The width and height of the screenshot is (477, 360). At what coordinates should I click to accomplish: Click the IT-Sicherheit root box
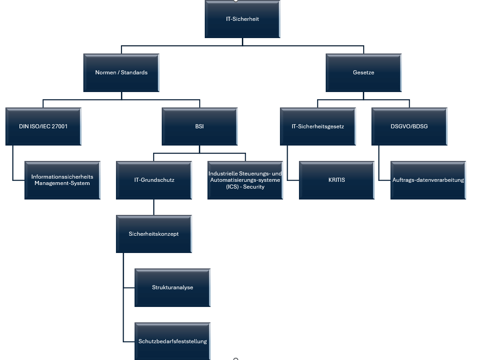[x=242, y=19]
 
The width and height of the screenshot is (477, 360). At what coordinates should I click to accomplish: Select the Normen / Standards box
[x=121, y=73]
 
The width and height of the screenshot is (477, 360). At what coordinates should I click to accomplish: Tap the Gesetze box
[x=363, y=73]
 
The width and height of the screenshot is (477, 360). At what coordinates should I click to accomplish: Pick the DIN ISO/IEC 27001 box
[x=43, y=126]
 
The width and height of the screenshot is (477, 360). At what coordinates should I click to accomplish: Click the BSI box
[x=199, y=126]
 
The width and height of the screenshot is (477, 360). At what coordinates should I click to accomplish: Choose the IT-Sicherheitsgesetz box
[x=318, y=126]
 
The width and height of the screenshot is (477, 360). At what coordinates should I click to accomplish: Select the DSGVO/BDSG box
[x=409, y=126]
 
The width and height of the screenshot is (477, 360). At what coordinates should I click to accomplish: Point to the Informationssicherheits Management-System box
[x=62, y=180]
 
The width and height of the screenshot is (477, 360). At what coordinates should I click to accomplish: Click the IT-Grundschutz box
[x=154, y=180]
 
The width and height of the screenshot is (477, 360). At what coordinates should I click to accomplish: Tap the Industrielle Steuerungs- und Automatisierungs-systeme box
[x=245, y=180]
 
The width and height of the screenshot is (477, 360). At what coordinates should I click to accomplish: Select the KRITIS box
[x=337, y=180]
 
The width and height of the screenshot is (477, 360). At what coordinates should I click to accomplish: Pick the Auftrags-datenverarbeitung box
[x=428, y=180]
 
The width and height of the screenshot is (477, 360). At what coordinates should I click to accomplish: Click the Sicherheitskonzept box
[x=154, y=234]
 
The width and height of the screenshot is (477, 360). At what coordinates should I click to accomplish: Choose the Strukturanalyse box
[x=173, y=287]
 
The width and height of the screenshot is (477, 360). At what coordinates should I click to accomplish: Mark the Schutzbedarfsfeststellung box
[x=173, y=341]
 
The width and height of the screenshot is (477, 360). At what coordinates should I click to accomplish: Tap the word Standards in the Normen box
[x=134, y=73]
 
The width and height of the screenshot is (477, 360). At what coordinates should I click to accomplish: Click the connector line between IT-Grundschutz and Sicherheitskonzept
[x=154, y=208]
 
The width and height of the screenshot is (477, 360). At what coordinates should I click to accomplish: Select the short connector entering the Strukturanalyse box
[x=129, y=288]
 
